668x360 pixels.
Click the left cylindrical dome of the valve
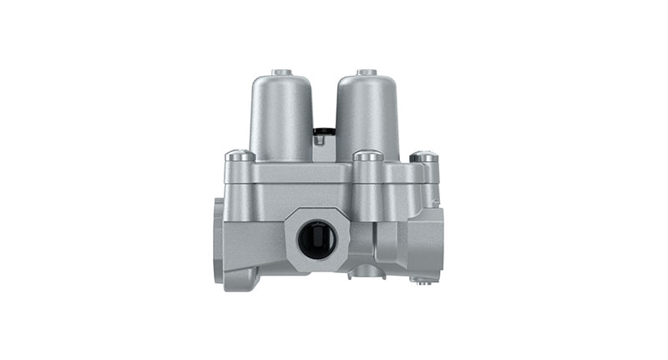281,117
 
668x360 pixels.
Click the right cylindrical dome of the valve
367,117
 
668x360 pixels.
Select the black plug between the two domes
324,131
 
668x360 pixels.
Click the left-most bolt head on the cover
240,155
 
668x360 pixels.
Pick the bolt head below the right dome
367,156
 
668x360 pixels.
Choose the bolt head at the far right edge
423,156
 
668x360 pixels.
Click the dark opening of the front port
318,240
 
